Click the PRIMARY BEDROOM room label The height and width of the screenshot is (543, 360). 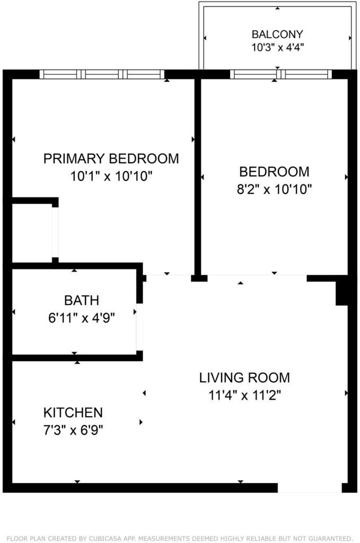pos(111,159)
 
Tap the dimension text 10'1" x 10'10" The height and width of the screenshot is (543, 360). pos(111,176)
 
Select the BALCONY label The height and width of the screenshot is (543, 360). pos(277,34)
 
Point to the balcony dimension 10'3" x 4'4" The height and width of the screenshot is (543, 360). pos(277,47)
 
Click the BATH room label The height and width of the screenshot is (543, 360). pos(82,300)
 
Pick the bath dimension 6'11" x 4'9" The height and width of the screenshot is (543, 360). pos(82,318)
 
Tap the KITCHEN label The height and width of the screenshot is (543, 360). pos(73,413)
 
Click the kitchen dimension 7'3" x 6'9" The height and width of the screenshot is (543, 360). pos(73,430)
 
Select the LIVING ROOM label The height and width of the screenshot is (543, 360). pos(244,378)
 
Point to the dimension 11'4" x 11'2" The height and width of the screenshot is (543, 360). pos(244,395)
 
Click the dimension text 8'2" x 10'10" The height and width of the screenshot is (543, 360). pos(274,189)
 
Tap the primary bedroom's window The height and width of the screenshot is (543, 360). pos(102,74)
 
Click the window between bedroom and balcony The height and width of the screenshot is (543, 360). pos(280,74)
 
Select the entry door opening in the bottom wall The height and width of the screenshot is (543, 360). pos(310,488)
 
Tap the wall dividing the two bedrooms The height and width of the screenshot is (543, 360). pos(198,177)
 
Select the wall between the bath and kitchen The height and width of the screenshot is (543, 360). pos(77,358)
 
